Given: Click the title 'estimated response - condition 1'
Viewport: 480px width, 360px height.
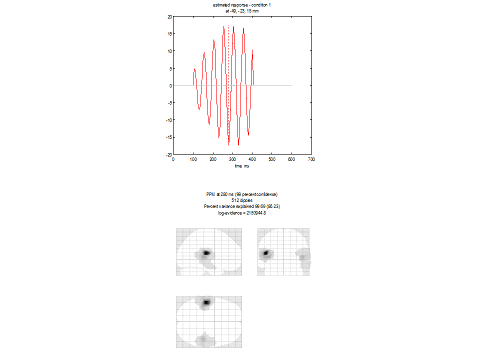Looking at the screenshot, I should tap(242, 5).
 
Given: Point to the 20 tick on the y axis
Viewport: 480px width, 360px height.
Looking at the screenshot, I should tap(169, 16).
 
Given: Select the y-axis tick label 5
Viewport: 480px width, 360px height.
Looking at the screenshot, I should tap(170, 68).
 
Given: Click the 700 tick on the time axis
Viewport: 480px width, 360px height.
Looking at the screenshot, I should tap(311, 159).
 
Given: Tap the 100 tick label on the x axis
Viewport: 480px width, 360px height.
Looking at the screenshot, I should tap(193, 159).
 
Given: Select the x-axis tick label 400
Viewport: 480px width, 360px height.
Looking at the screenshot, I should tap(252, 159).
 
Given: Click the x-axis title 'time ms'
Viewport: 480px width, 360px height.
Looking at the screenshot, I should tap(242, 165).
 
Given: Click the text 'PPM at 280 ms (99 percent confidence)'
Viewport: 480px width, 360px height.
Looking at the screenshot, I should tap(242, 194).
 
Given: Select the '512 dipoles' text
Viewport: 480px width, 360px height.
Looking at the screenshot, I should tap(242, 199).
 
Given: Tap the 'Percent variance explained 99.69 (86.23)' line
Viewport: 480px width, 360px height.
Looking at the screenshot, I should tap(242, 205).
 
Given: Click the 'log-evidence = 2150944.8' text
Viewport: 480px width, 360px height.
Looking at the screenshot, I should tap(242, 211).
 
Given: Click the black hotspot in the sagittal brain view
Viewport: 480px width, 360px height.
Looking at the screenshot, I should tap(205, 253).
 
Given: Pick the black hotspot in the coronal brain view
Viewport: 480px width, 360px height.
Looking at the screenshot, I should tap(266, 253).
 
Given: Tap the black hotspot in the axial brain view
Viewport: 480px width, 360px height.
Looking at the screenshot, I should tap(205, 302).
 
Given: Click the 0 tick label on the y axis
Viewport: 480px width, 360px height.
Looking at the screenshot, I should tap(170, 85).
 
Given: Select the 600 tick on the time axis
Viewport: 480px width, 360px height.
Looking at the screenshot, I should tap(291, 159).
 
